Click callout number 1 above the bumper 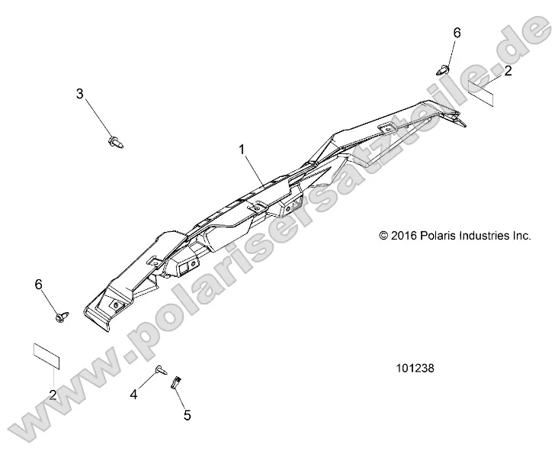click(242, 150)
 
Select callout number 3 click(100, 94)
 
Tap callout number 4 click(133, 394)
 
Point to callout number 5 click(186, 416)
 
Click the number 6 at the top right click(457, 33)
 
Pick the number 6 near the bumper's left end click(39, 284)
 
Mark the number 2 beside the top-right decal click(507, 71)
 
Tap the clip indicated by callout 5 click(175, 381)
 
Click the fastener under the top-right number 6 click(446, 69)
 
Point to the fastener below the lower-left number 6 click(63, 313)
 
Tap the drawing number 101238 click(415, 367)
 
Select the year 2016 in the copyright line click(405, 236)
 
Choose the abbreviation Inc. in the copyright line click(521, 236)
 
